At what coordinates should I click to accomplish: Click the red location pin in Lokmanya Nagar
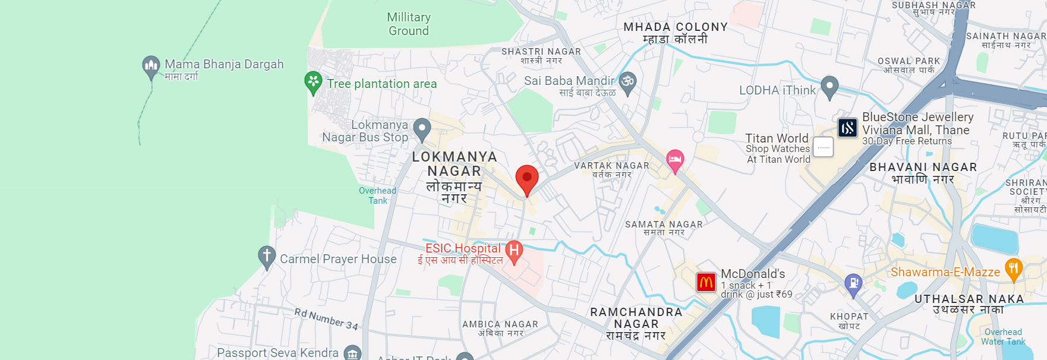pyautogui.click(x=526, y=178)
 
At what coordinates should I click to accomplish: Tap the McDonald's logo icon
pyautogui.click(x=706, y=282)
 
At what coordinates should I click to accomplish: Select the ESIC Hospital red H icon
pyautogui.click(x=514, y=251)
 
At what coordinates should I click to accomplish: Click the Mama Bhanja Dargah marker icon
pyautogui.click(x=151, y=65)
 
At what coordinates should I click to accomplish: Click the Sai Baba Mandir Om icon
pyautogui.click(x=627, y=81)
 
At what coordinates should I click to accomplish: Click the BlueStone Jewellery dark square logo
pyautogui.click(x=847, y=128)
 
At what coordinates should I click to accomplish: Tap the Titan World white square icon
pyautogui.click(x=823, y=147)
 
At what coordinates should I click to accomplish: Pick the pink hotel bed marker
pyautogui.click(x=674, y=159)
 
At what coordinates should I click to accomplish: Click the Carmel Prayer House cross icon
pyautogui.click(x=267, y=256)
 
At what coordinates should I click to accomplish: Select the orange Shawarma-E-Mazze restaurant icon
pyautogui.click(x=1013, y=269)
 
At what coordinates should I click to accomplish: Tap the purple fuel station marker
pyautogui.click(x=853, y=283)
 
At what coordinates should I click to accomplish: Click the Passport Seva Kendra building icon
pyautogui.click(x=352, y=353)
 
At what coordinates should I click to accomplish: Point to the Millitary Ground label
pyautogui.click(x=409, y=24)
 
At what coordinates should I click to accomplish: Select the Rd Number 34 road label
pyautogui.click(x=326, y=319)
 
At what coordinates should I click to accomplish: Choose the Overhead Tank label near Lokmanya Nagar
pyautogui.click(x=377, y=195)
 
